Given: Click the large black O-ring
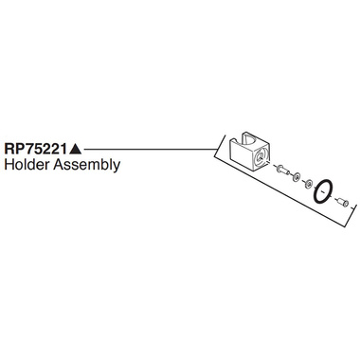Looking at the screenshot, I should (x=324, y=191).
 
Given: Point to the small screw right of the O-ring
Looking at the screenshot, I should (x=346, y=201).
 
